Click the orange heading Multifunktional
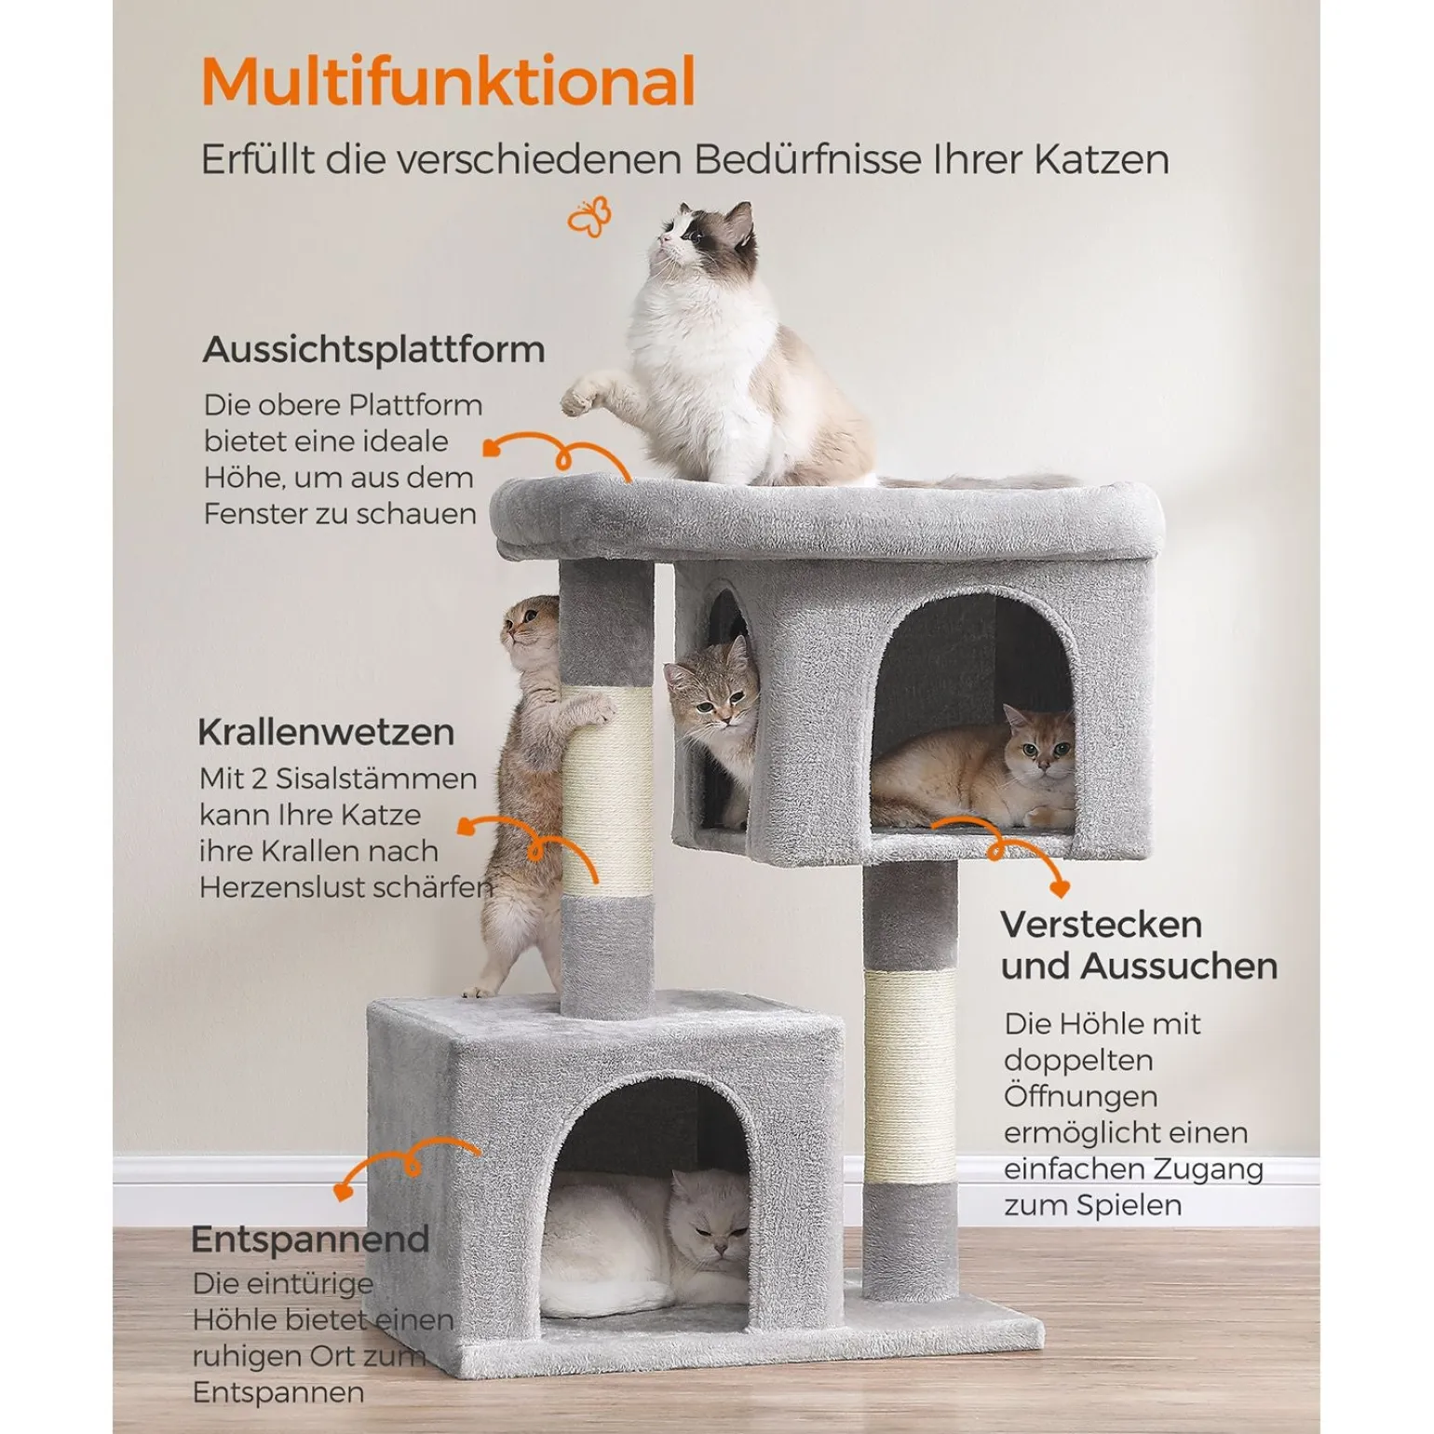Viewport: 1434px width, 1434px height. (x=448, y=82)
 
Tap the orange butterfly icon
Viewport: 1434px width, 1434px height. (x=590, y=217)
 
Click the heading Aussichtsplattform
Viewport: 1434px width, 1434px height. (x=373, y=350)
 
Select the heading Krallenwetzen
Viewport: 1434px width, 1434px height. (x=326, y=732)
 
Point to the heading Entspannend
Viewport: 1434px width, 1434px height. (x=310, y=1240)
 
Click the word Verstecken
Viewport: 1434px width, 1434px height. (x=1102, y=925)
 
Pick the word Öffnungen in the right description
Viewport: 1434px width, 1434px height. (x=1080, y=1096)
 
